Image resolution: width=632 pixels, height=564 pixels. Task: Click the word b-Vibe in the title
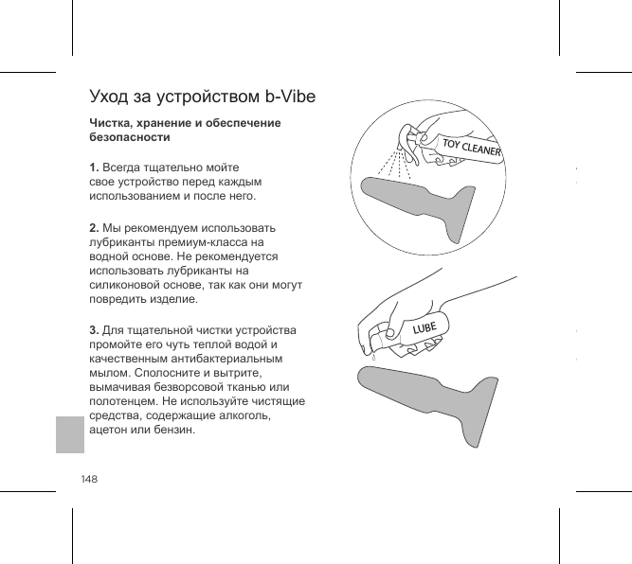pyautogui.click(x=290, y=97)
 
